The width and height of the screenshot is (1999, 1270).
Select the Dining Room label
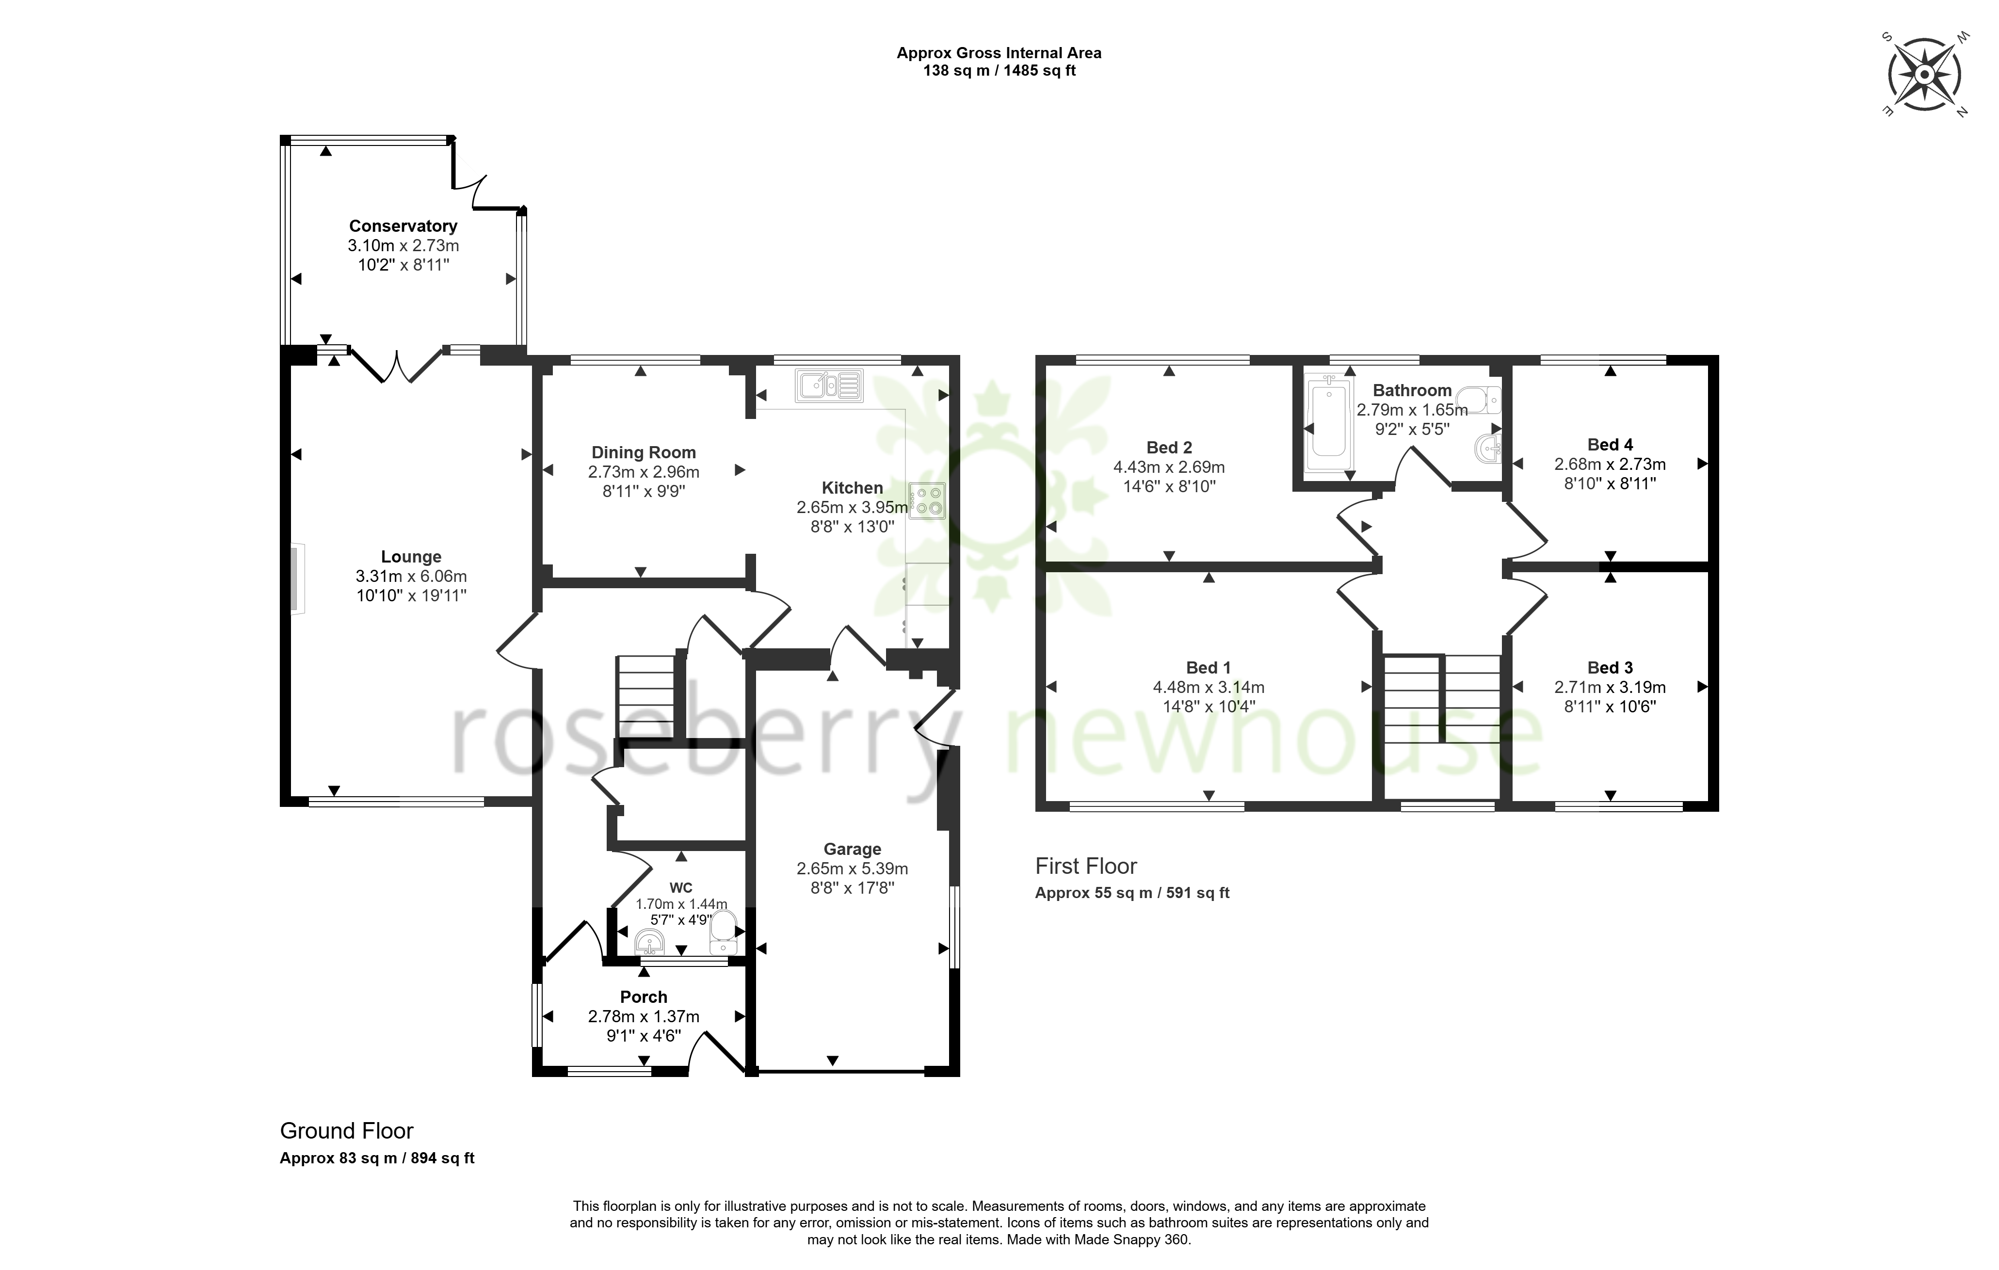(644, 452)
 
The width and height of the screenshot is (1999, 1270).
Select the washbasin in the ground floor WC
(650, 941)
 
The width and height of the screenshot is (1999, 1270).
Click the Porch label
(644, 997)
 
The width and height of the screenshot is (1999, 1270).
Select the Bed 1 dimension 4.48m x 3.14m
(1209, 687)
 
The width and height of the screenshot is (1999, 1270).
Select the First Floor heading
(1086, 866)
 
